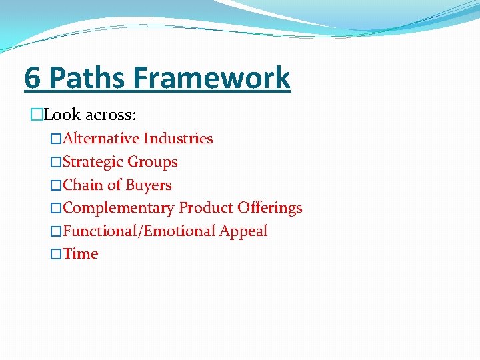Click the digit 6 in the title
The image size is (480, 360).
pyautogui.click(x=33, y=77)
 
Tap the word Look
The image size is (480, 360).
pyautogui.click(x=62, y=115)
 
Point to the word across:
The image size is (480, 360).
pyautogui.click(x=111, y=115)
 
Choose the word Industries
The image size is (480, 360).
pyautogui.click(x=178, y=139)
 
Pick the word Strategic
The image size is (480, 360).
pyautogui.click(x=93, y=162)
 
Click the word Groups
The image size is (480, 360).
pyautogui.click(x=153, y=162)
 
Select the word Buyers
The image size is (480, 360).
pyautogui.click(x=149, y=185)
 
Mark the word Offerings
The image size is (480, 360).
pyautogui.click(x=269, y=208)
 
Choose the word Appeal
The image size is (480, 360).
pyautogui.click(x=243, y=231)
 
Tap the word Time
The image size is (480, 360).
pyautogui.click(x=81, y=254)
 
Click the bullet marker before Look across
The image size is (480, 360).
pyautogui.click(x=36, y=115)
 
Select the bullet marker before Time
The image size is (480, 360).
pyautogui.click(x=56, y=254)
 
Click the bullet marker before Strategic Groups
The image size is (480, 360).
pyautogui.click(x=56, y=162)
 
